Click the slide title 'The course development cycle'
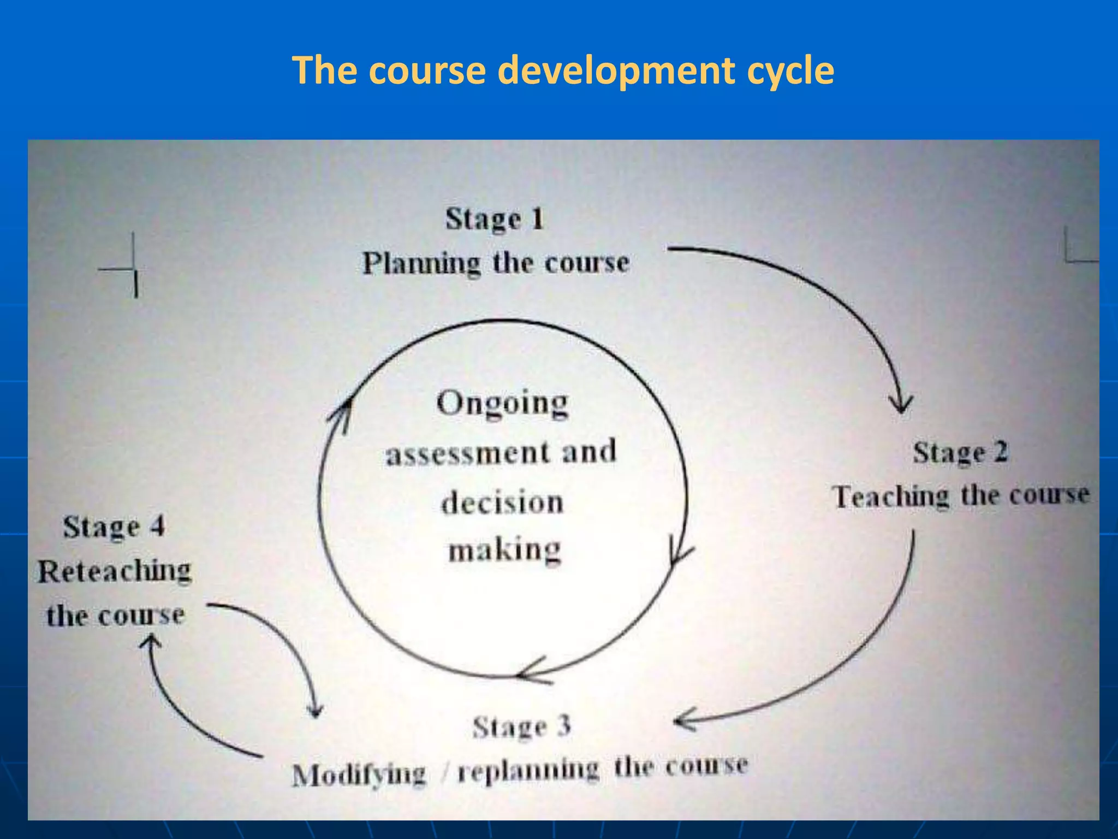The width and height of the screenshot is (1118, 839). click(x=563, y=70)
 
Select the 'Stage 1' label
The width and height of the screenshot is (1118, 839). click(x=495, y=220)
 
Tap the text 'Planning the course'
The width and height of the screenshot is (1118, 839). click(x=496, y=263)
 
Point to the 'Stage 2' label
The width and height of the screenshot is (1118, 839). click(x=960, y=453)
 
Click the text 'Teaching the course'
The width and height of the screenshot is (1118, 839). click(x=961, y=496)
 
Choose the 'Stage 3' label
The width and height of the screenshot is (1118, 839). click(x=521, y=727)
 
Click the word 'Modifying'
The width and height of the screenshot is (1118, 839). click(x=359, y=775)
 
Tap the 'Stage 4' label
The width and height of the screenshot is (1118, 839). click(x=114, y=527)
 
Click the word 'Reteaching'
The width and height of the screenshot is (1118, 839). click(x=115, y=571)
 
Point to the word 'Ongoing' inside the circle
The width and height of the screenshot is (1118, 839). click(x=502, y=404)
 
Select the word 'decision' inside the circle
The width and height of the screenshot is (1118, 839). click(x=502, y=503)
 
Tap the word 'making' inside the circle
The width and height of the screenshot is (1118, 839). click(x=504, y=550)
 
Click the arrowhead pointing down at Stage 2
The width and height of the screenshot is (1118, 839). click(x=900, y=405)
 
